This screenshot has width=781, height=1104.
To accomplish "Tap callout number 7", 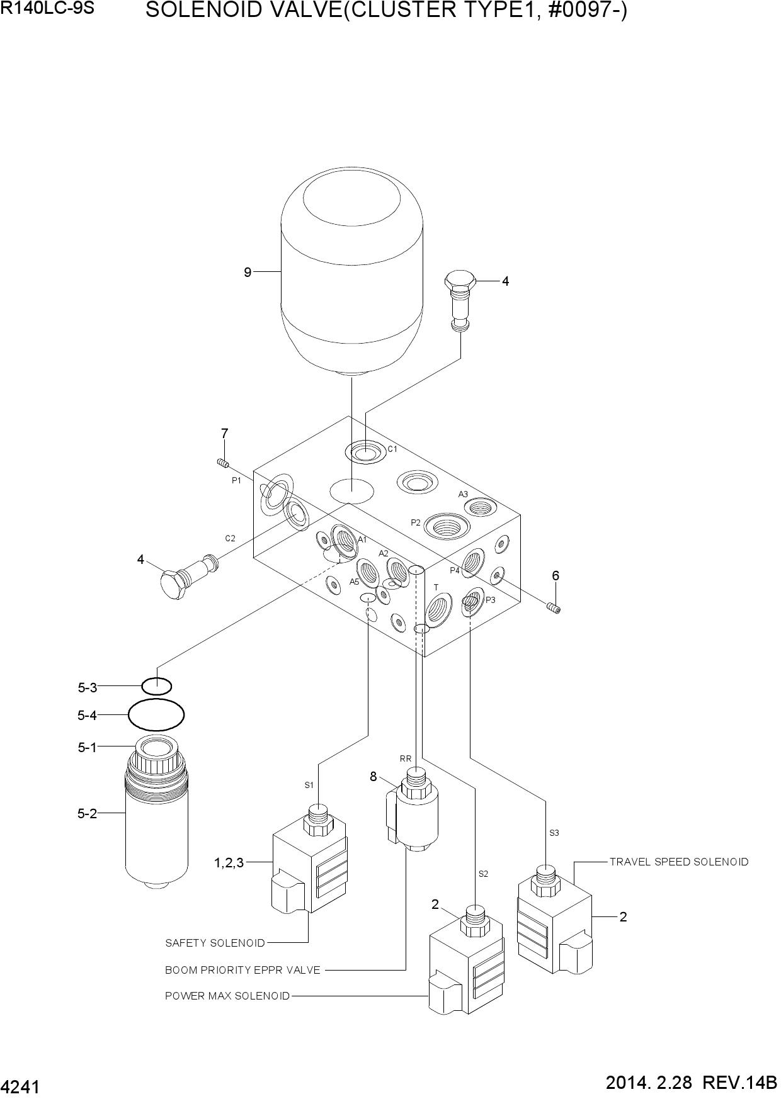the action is click(224, 434).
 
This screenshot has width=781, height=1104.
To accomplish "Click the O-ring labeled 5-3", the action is click(156, 685).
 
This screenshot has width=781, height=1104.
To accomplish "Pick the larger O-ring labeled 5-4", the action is click(156, 715).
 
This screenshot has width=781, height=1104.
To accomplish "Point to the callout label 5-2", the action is click(88, 813).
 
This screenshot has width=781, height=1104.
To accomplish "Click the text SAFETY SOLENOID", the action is click(215, 943).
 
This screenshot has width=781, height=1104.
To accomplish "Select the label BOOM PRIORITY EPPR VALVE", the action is click(242, 970).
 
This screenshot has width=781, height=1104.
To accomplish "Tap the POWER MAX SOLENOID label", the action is click(227, 996).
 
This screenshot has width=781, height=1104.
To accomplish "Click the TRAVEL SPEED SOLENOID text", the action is click(679, 862).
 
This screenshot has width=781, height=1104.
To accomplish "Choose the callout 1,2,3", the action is click(229, 863).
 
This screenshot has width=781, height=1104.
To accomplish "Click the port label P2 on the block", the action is click(416, 522).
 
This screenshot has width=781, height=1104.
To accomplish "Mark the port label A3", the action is click(463, 494).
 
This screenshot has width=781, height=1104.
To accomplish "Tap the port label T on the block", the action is click(436, 587).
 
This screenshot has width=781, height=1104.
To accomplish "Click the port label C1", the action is click(392, 449).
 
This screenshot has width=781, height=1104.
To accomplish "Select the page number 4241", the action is click(21, 1087).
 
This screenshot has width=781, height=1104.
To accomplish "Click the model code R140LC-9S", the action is click(47, 8).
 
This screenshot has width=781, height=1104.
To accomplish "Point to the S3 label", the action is click(554, 833).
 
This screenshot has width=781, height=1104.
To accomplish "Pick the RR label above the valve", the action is click(406, 758).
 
